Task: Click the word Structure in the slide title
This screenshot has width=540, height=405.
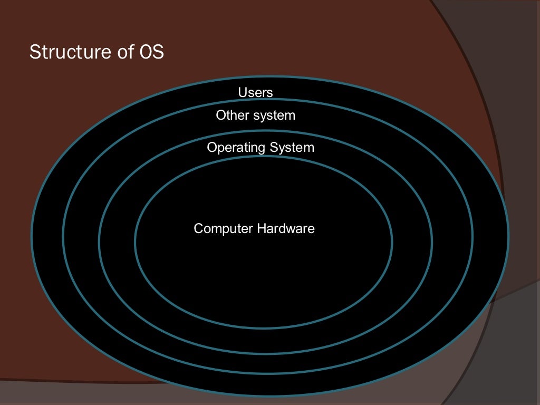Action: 62,52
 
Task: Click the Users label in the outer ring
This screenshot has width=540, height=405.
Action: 255,93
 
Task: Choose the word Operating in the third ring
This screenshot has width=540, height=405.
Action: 236,147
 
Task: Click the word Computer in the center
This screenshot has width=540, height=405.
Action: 224,229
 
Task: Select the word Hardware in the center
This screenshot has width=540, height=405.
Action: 286,229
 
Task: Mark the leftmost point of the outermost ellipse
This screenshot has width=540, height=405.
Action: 32,237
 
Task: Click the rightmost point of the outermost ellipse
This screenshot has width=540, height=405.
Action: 509,237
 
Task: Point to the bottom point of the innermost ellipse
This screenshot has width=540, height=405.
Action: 264,328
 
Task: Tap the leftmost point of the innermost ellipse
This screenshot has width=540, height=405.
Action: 135,242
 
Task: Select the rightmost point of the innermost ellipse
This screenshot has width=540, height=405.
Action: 392,242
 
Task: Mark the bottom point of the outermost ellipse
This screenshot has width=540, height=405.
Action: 270,396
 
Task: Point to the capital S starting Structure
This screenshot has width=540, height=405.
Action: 34,52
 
